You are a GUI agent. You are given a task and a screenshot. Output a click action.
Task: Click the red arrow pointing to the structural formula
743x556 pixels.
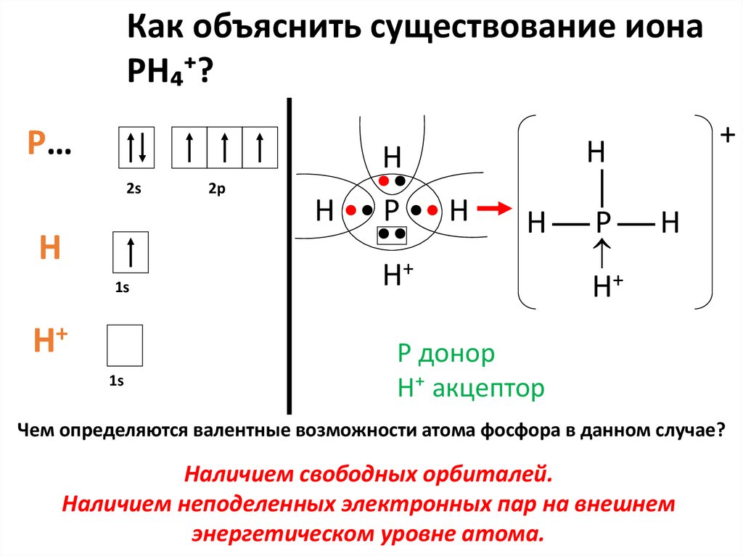492,209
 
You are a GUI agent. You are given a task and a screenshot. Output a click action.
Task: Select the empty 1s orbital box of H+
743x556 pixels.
125,345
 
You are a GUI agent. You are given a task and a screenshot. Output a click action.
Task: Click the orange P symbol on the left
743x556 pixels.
36,144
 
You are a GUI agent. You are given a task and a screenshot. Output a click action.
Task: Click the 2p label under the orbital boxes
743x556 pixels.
217,188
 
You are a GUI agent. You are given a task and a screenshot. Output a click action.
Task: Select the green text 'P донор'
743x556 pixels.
446,354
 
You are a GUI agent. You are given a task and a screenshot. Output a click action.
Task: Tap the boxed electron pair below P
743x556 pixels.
392,235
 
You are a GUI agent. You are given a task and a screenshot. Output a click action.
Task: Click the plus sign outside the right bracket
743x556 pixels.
726,135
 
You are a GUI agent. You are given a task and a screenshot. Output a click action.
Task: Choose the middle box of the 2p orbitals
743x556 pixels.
225,147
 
